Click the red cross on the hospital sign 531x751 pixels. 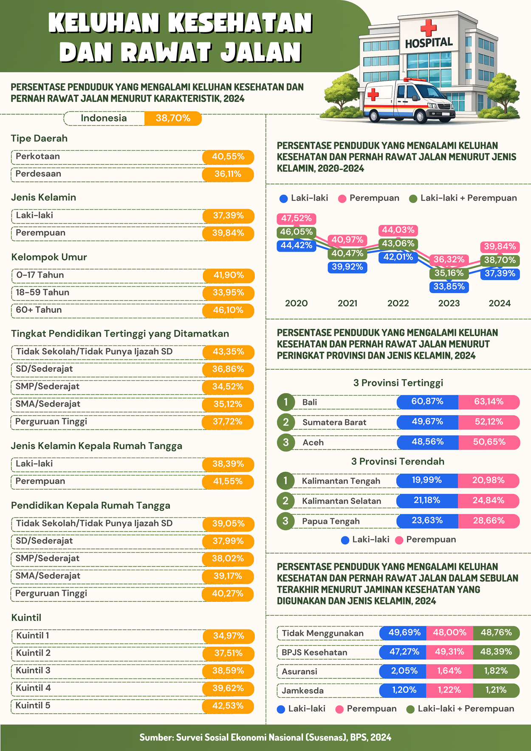click(x=428, y=28)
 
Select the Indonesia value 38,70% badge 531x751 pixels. click(x=173, y=118)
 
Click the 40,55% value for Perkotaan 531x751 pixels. click(x=228, y=157)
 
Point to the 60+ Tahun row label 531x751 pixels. click(x=39, y=310)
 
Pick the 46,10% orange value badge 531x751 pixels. click(x=228, y=310)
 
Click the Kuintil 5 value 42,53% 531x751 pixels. click(x=228, y=706)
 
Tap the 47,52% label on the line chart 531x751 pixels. click(x=296, y=218)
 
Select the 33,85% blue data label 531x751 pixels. click(x=449, y=287)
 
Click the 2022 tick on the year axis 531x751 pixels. click(x=398, y=303)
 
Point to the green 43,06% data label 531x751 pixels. click(x=398, y=244)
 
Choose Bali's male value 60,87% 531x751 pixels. click(x=427, y=402)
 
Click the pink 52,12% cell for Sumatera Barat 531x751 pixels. click(x=489, y=422)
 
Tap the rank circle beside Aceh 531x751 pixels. click(x=286, y=442)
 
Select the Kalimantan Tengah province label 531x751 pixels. click(x=341, y=481)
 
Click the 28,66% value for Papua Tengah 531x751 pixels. click(x=489, y=521)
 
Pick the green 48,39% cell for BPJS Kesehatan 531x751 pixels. click(x=496, y=652)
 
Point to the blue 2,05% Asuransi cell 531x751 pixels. click(x=404, y=671)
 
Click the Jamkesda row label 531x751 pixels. click(x=303, y=691)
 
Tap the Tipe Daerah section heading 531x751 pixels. click(x=39, y=139)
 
